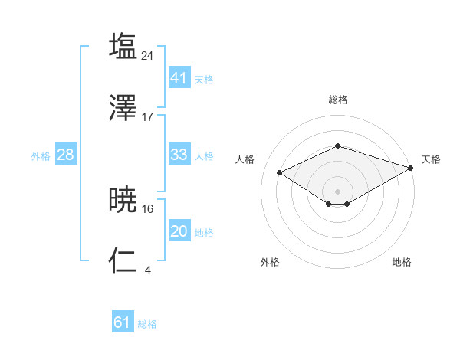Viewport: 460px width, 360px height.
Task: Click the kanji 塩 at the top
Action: pos(123,46)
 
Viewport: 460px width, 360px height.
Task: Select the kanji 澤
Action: pos(123,109)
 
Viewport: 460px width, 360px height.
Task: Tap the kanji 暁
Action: pos(123,200)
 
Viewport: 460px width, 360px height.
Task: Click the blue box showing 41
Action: pos(179,78)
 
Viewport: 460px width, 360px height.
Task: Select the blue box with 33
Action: pos(179,155)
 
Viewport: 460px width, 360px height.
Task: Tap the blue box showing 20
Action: pos(179,231)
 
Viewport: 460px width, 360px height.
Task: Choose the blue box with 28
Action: pos(65,155)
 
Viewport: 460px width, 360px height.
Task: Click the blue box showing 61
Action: pos(122,322)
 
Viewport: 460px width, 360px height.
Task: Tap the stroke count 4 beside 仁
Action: pos(147,270)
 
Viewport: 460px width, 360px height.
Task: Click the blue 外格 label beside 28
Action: pos(41,155)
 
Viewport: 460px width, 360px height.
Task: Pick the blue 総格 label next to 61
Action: pos(147,324)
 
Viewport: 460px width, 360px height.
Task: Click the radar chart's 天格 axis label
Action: pos(431,159)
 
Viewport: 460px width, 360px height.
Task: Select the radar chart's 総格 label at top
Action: pos(338,100)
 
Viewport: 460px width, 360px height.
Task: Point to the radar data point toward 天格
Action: pos(411,168)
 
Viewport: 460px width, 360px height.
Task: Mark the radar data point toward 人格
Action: pos(280,172)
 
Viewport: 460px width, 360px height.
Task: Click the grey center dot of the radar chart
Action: pos(338,191)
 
